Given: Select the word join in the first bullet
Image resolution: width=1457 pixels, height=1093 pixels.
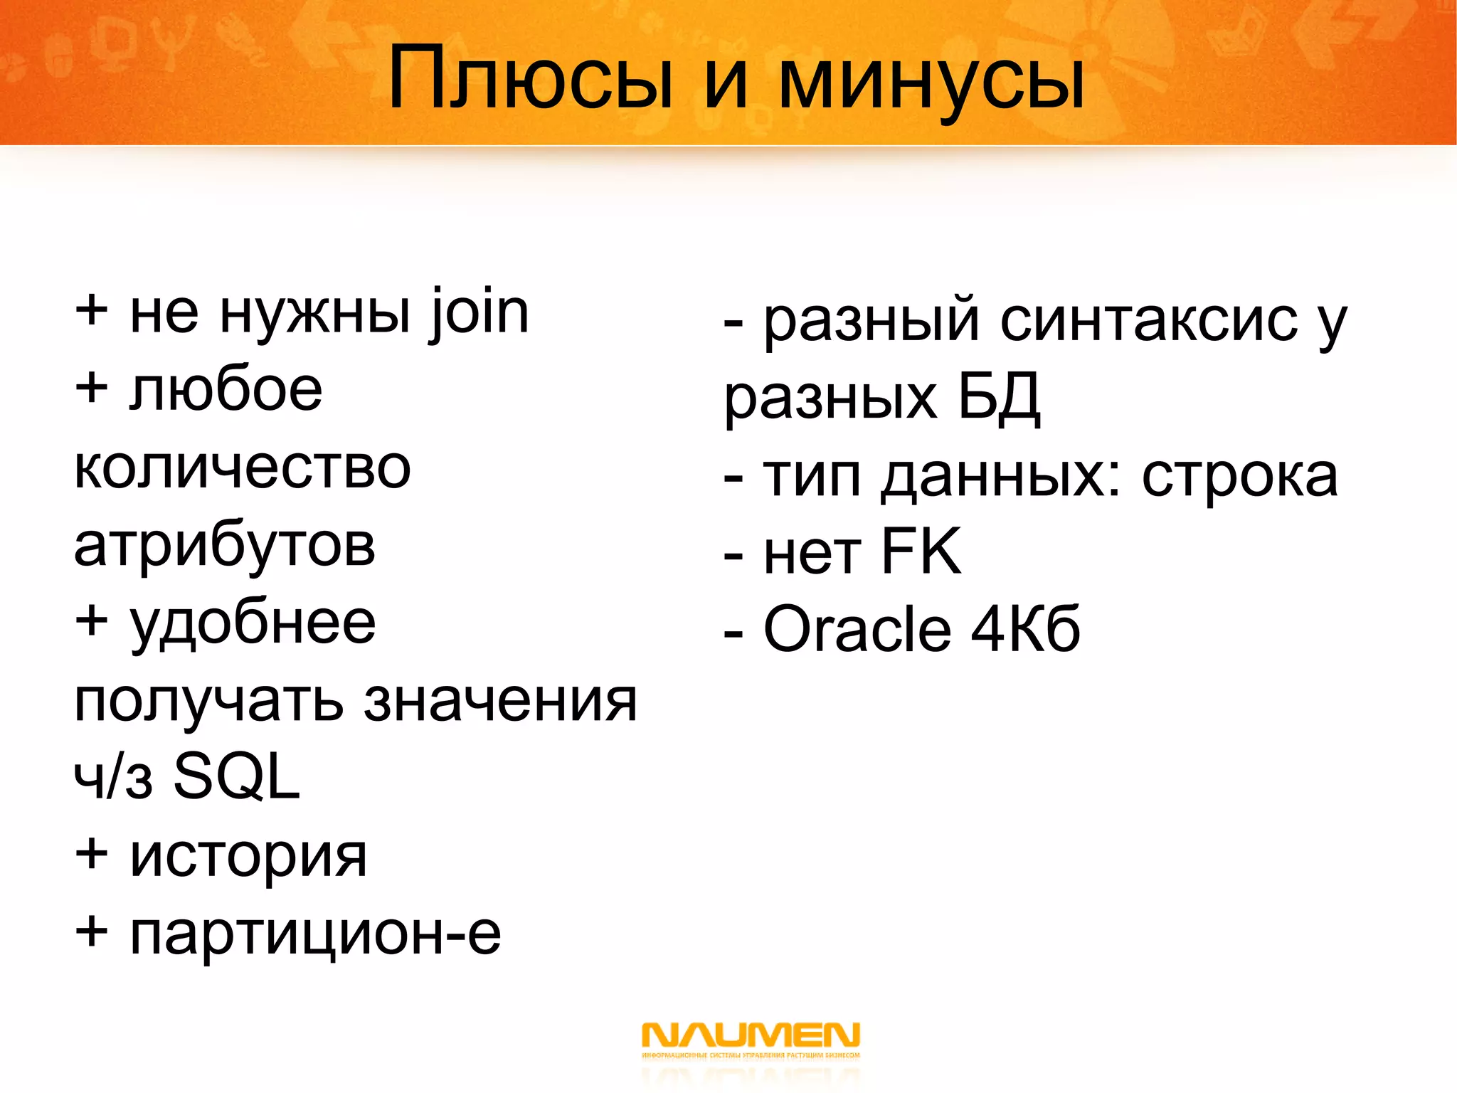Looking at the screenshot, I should [479, 313].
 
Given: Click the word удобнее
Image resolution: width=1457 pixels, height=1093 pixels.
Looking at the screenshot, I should [253, 624].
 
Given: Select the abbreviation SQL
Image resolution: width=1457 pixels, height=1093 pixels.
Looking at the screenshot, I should [237, 777].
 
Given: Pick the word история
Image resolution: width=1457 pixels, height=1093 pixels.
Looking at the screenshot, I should [248, 857].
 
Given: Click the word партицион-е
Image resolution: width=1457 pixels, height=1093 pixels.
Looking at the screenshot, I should [315, 934].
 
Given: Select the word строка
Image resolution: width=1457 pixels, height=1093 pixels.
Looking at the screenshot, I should [1239, 476].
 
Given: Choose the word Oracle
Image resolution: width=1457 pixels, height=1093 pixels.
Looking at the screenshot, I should [857, 629].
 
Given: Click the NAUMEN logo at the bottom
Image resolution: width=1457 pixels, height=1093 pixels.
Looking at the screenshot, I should [751, 1040].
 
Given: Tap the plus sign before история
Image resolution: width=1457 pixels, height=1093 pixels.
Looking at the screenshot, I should [92, 853].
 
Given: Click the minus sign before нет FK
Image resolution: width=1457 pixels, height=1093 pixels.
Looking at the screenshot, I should [733, 556].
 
